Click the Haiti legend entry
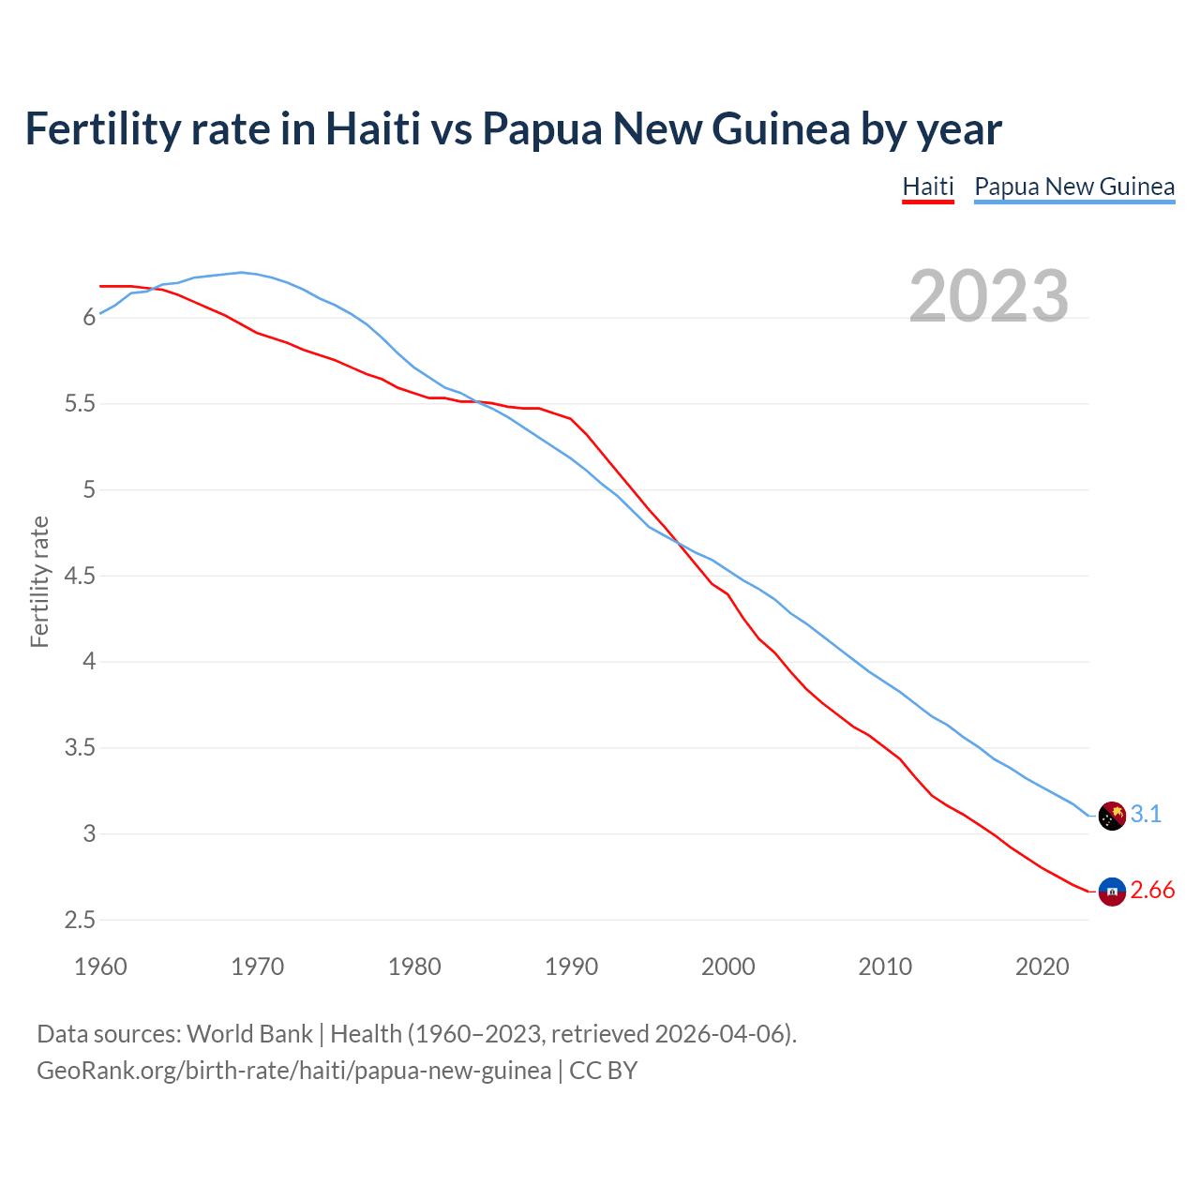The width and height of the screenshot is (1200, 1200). tap(927, 187)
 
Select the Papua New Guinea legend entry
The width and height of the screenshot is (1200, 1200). tap(1073, 187)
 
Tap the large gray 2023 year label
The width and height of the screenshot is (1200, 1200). tap(988, 296)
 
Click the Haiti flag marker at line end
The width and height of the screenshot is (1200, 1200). tap(1112, 892)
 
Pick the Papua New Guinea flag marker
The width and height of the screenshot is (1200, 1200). tap(1112, 816)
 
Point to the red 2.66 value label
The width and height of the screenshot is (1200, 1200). tap(1152, 891)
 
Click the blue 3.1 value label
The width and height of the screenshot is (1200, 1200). tap(1146, 815)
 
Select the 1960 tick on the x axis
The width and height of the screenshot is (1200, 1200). tap(100, 967)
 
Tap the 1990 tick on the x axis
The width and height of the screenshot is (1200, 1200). tap(571, 967)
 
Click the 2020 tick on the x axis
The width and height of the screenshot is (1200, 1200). tap(1042, 967)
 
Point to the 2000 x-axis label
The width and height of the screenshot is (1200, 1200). tap(727, 967)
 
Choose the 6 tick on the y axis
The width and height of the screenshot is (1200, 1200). tap(89, 318)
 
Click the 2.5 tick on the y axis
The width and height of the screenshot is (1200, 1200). tap(80, 921)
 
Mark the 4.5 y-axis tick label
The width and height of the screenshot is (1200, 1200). tap(80, 577)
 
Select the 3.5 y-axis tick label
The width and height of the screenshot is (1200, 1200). tap(80, 748)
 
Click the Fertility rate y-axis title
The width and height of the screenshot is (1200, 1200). tap(39, 581)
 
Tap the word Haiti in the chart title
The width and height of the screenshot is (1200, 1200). tap(372, 128)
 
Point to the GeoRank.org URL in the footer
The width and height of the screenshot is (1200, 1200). tap(293, 1071)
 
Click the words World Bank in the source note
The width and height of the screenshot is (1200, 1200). tap(249, 1034)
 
